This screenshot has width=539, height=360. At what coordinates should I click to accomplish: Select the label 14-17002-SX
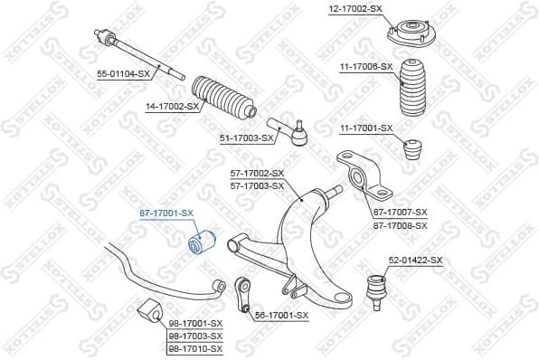(172, 106)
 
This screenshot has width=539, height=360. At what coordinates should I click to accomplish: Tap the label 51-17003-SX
(246, 137)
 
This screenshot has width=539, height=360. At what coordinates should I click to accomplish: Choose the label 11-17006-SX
(366, 66)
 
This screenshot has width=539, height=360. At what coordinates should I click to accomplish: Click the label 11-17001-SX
(366, 128)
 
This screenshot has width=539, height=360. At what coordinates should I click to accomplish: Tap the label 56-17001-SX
(281, 315)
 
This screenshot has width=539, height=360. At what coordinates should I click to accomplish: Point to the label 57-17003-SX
(257, 185)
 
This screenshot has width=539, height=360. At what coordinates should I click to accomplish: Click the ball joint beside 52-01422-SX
(373, 289)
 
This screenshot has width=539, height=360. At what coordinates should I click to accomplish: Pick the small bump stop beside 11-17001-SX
(416, 147)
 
